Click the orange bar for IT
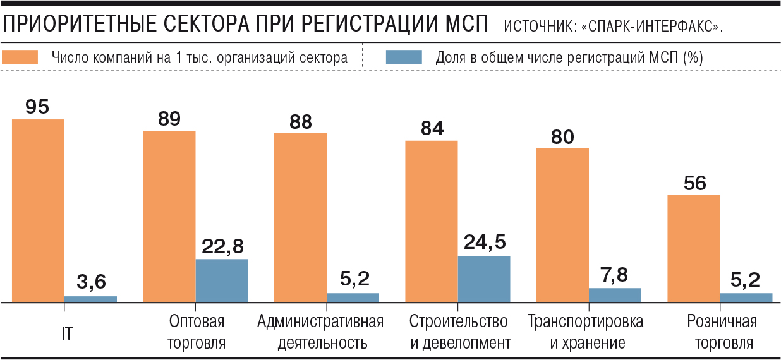[38, 211]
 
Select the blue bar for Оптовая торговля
[221, 281]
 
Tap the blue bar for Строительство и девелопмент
[483, 279]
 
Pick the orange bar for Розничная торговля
[693, 249]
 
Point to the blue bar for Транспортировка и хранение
[615, 296]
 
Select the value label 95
[37, 107]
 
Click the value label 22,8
[222, 246]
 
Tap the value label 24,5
[485, 243]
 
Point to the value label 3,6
[91, 283]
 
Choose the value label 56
[694, 183]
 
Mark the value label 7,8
[615, 275]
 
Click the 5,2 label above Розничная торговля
[746, 280]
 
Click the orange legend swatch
[22, 57]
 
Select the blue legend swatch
[403, 57]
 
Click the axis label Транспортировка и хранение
[586, 332]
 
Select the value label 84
[432, 128]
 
